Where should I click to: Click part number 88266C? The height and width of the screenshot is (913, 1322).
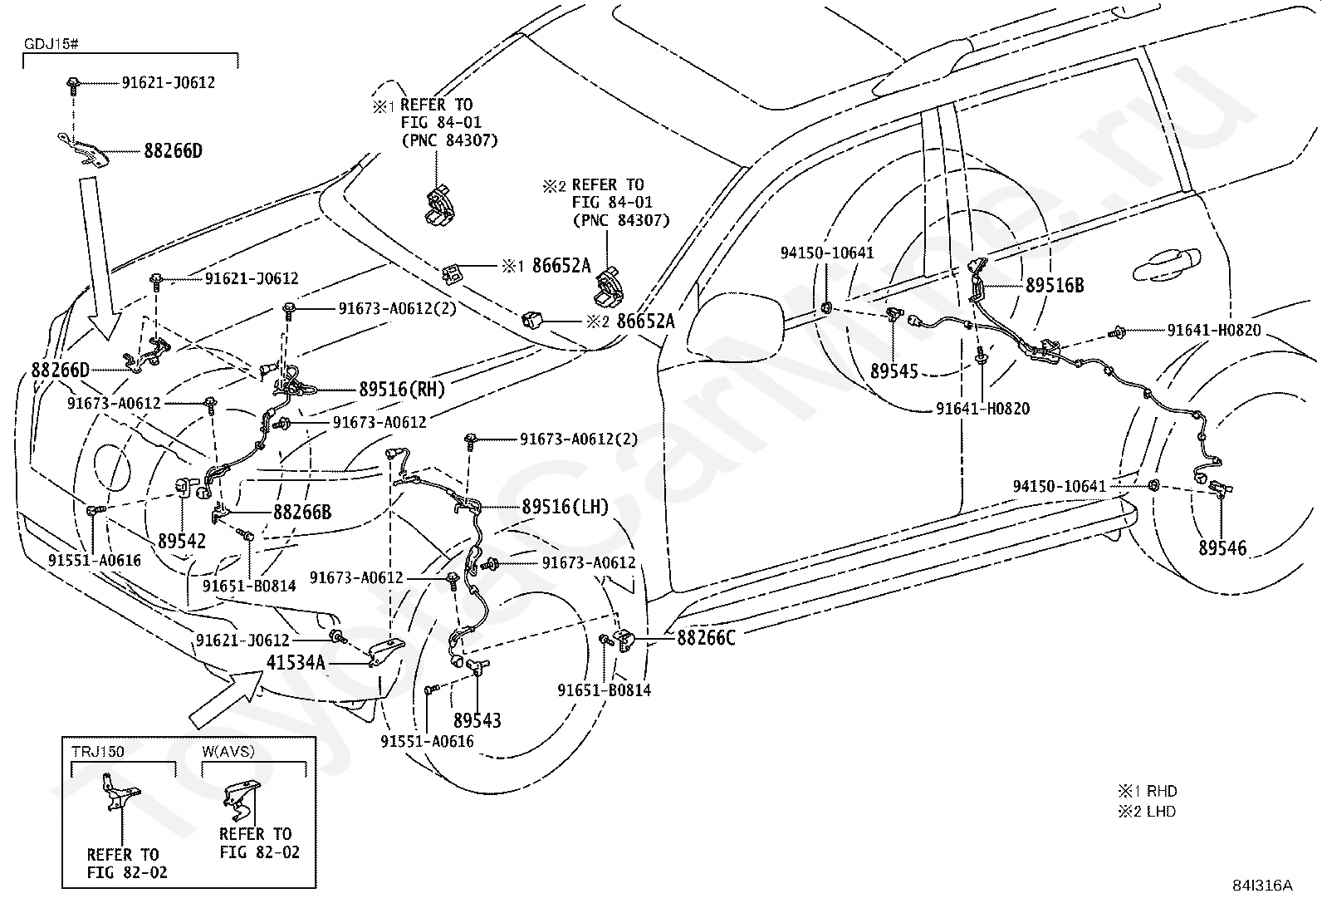click(x=706, y=638)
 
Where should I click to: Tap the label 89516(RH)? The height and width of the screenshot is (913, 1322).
click(x=402, y=389)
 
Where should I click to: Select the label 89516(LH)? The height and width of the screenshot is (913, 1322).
click(x=565, y=507)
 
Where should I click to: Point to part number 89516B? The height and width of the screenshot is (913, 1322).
click(x=1055, y=285)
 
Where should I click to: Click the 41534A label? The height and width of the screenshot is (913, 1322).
click(x=296, y=662)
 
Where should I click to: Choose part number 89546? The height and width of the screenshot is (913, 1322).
click(x=1222, y=548)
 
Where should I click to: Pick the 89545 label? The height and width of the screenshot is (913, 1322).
click(x=894, y=371)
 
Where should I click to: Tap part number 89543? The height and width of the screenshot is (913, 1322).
click(x=477, y=720)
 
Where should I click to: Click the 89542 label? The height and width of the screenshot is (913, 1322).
click(x=182, y=541)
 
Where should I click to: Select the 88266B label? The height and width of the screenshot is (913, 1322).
click(x=302, y=512)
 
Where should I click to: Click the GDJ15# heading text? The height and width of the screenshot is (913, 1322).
click(x=51, y=44)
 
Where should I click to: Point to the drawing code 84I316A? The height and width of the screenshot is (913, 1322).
click(x=1262, y=886)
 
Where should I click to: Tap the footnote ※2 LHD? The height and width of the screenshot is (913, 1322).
click(x=1147, y=812)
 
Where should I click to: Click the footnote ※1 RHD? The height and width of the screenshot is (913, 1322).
click(x=1148, y=791)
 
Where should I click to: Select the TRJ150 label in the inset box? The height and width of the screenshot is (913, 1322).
click(x=98, y=752)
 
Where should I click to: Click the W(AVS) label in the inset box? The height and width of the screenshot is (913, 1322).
click(x=228, y=751)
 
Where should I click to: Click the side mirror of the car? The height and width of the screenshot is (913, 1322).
click(x=735, y=320)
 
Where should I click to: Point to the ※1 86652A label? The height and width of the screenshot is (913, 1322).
click(x=546, y=267)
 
